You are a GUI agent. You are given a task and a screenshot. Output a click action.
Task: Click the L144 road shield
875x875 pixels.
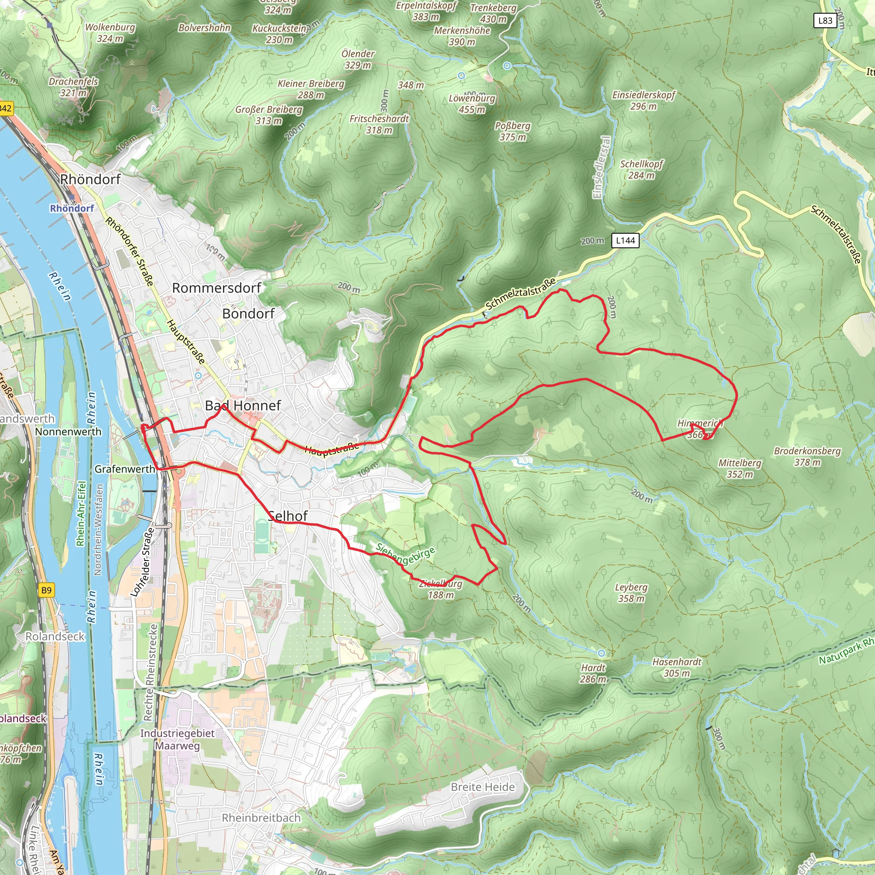(625, 241)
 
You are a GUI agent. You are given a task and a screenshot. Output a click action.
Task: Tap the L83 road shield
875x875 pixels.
(825, 21)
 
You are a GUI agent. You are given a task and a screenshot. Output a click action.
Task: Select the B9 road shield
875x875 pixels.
(46, 590)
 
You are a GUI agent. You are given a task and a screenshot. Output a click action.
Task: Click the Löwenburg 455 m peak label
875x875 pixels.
(472, 104)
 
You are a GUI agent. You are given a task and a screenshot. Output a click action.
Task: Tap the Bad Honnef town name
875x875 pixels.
(243, 405)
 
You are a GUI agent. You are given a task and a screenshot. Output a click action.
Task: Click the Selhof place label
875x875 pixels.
(288, 516)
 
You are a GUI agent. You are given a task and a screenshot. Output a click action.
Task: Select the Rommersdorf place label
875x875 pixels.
(217, 288)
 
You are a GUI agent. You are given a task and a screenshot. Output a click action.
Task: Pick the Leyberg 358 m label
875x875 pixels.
(631, 593)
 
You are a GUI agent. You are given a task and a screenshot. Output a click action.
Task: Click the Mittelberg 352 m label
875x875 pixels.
(740, 468)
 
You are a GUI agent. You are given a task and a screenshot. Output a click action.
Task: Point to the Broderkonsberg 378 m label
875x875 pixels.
(807, 457)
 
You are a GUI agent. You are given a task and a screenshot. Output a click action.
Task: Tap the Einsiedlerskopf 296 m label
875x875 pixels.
(643, 100)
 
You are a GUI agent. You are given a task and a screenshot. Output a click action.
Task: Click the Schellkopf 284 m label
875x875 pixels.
(641, 169)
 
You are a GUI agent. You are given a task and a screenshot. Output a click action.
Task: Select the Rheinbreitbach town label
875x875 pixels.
(261, 817)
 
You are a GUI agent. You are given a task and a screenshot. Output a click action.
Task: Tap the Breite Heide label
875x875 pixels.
(482, 787)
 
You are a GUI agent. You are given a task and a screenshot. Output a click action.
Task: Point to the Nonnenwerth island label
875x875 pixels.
(68, 432)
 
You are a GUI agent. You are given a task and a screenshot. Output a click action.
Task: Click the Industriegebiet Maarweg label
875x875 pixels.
(177, 739)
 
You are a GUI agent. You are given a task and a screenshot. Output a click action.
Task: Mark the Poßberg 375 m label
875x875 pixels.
(512, 131)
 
